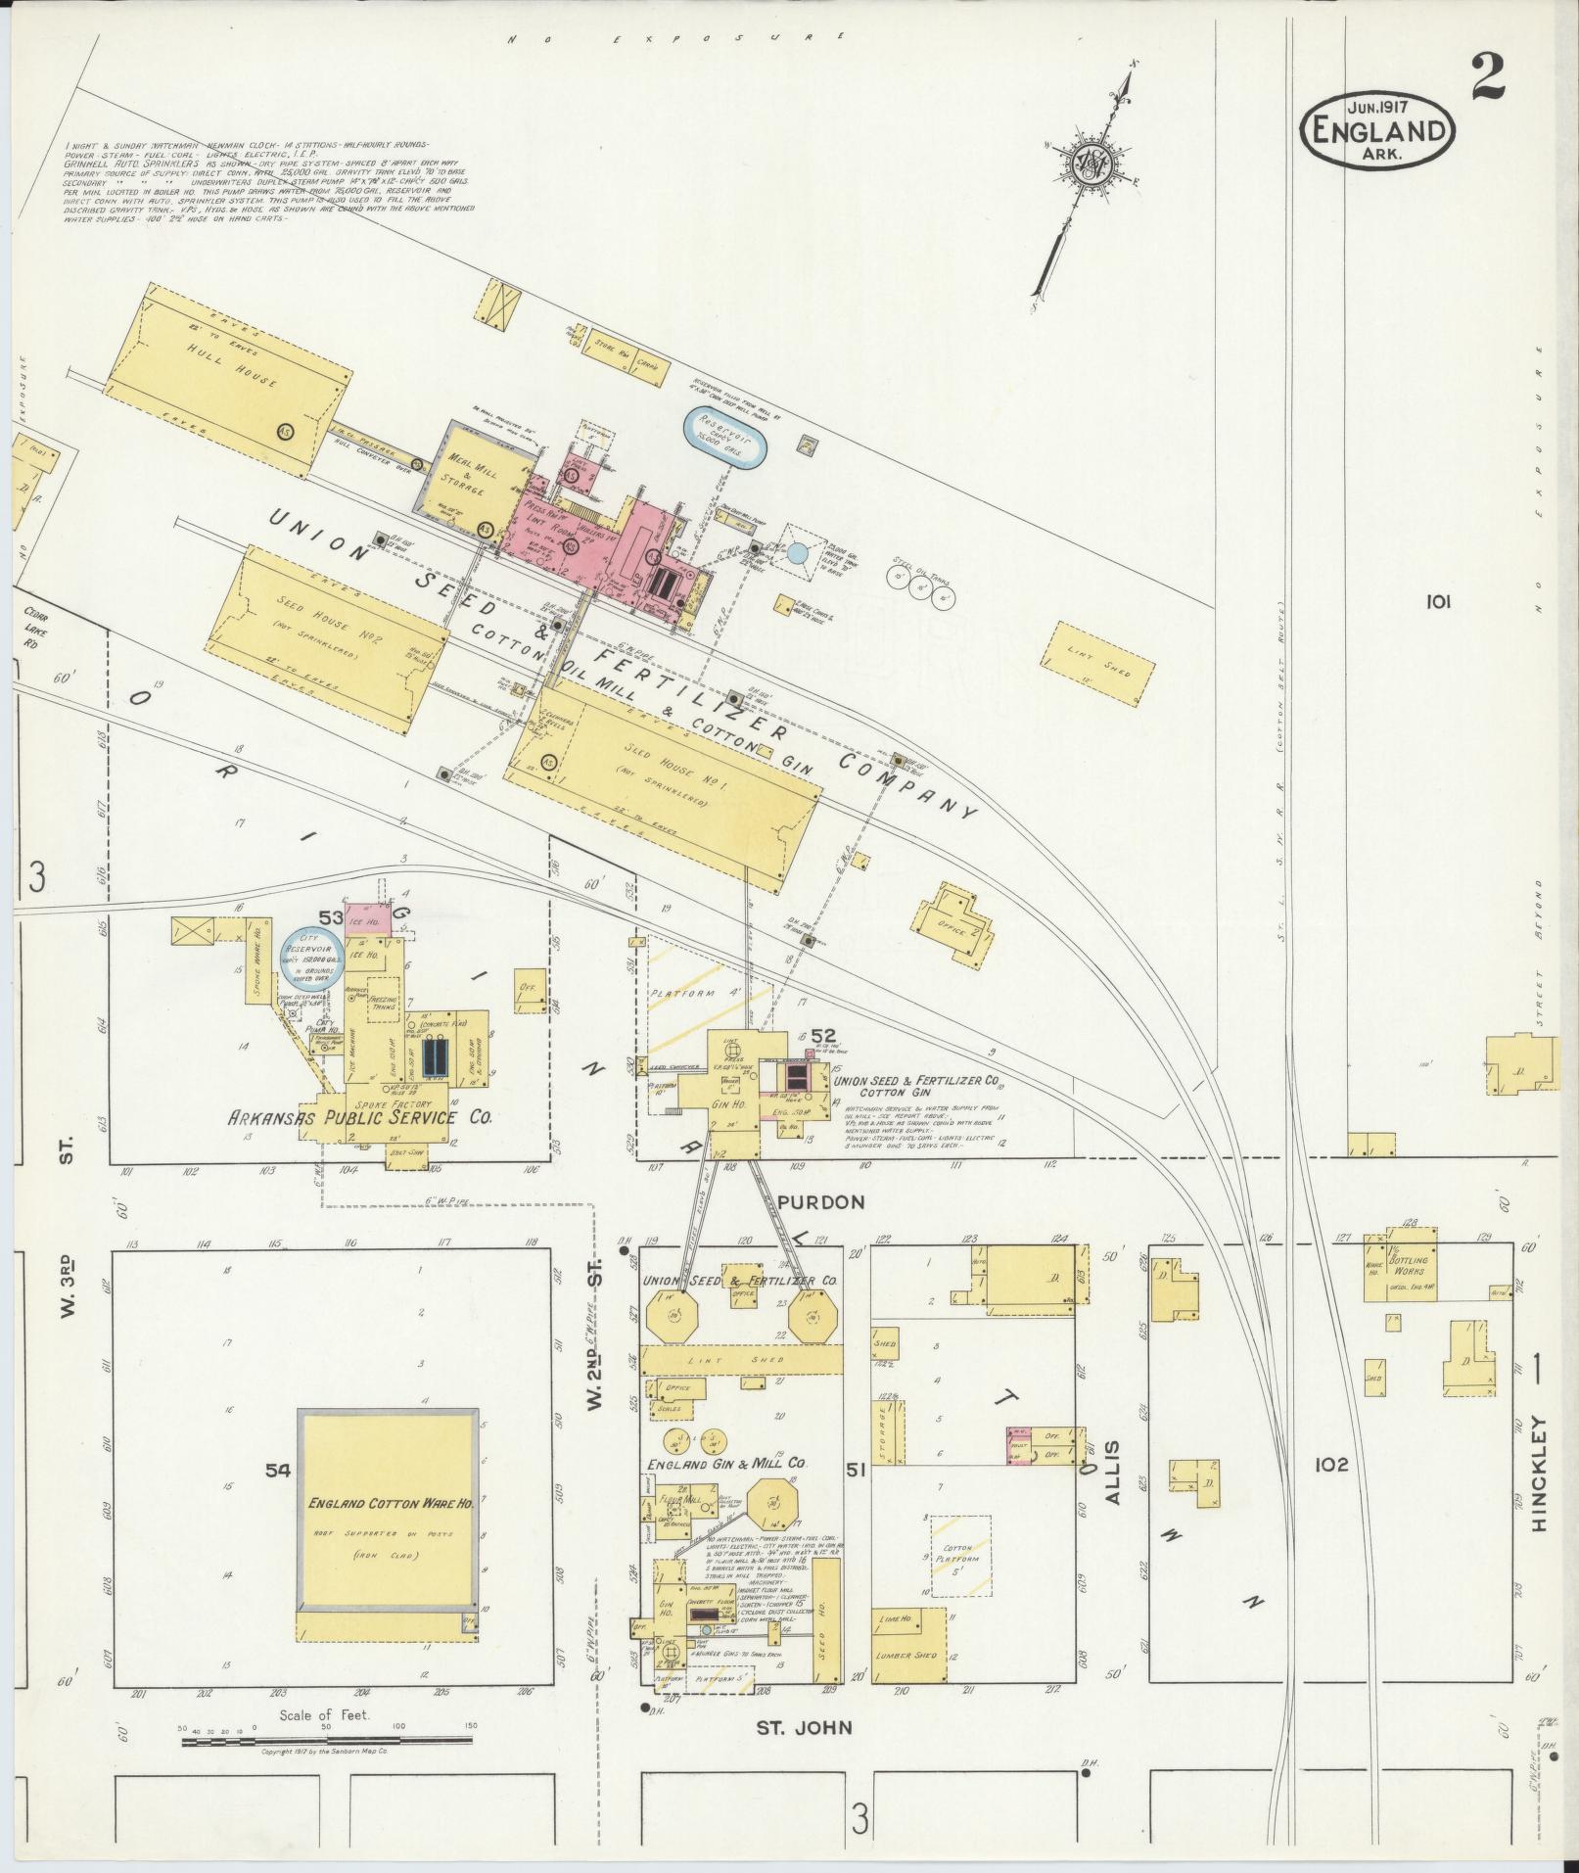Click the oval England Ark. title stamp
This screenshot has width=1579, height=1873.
(1376, 128)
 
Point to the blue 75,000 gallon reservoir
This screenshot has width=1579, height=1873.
(724, 436)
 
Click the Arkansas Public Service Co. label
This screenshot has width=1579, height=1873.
(359, 1117)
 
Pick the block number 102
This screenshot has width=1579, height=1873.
(1331, 1465)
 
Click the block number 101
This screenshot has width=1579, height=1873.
(1438, 602)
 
